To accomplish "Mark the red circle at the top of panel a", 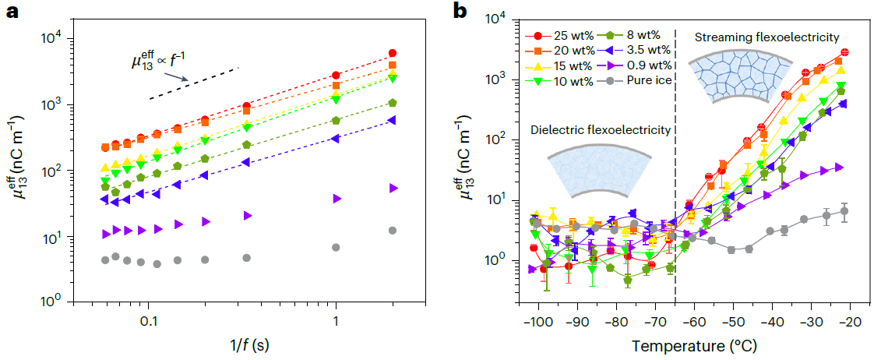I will click(393, 53).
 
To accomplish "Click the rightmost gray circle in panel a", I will click(393, 231).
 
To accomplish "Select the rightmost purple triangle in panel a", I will click(393, 188).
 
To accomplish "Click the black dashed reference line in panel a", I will click(194, 83).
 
